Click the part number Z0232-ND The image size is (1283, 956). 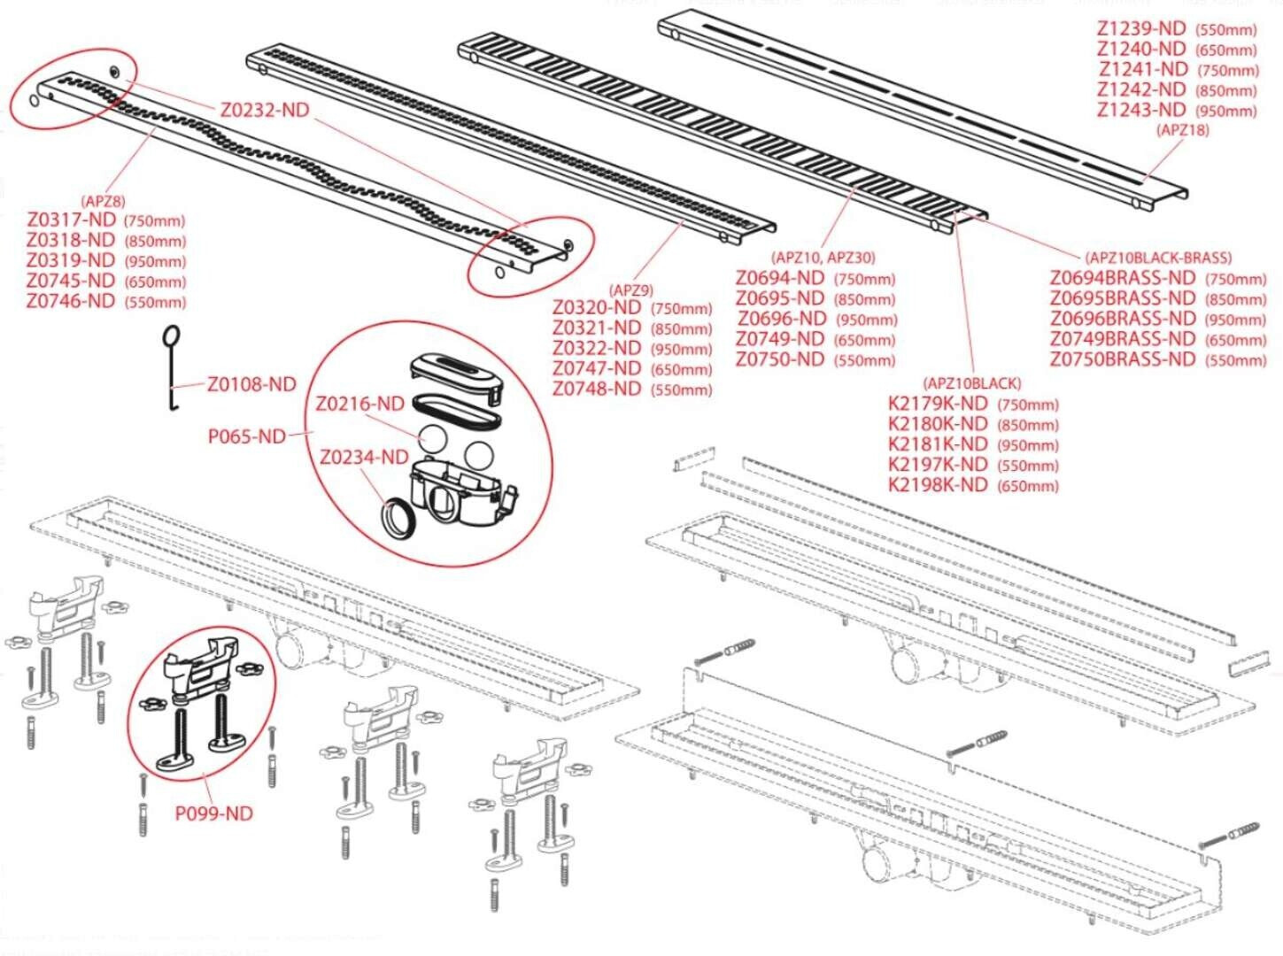point(265,110)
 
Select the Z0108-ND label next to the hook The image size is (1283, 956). point(251,384)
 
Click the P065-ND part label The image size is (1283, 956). point(247,436)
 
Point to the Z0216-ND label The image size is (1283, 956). point(359,404)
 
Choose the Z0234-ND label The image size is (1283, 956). point(364,458)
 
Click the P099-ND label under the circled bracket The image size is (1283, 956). point(213,813)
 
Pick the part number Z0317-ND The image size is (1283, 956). point(71,220)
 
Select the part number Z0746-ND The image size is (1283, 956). point(71,301)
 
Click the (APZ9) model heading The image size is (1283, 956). point(631,289)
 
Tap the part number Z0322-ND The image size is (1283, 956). point(597,348)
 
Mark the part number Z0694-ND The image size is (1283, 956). point(780,278)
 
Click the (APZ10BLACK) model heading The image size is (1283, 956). point(971,383)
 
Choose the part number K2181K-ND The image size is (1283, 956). point(937,444)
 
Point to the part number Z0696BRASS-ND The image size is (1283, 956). point(1123,319)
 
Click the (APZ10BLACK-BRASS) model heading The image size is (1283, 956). point(1158,258)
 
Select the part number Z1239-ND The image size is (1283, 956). point(1140,28)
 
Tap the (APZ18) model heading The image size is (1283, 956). point(1183,130)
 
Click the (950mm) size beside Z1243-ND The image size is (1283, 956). point(1226,112)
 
